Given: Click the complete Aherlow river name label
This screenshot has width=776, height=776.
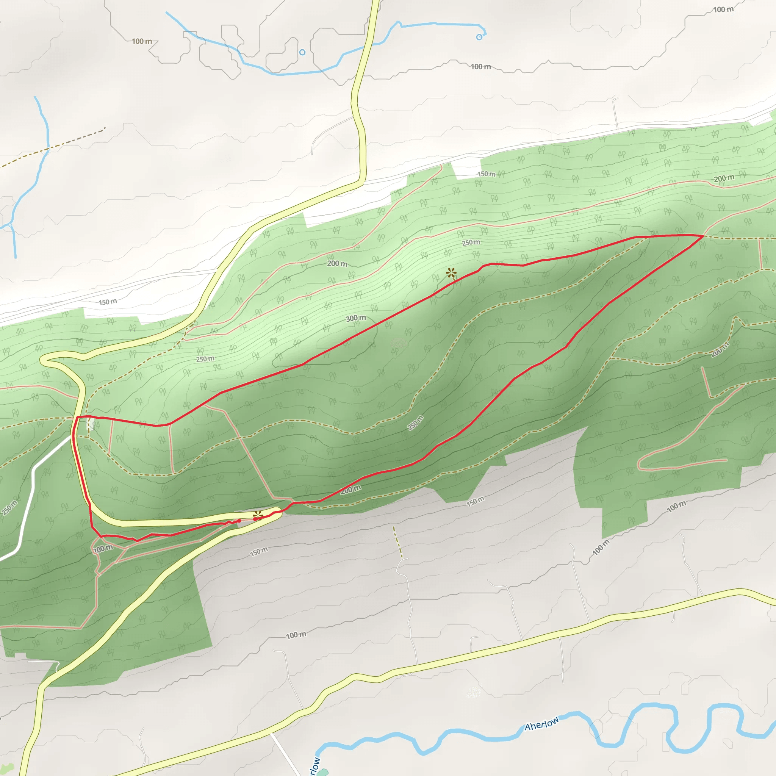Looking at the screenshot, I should (x=541, y=723).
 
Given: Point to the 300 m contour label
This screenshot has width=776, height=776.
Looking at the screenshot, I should (x=356, y=318).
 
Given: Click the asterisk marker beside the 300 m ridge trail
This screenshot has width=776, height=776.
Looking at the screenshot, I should (x=451, y=274).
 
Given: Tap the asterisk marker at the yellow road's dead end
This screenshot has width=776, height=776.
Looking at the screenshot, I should (x=258, y=515).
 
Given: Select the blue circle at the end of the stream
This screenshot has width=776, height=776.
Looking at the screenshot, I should (x=479, y=37).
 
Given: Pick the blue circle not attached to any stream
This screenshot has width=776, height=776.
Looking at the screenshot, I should (x=302, y=52).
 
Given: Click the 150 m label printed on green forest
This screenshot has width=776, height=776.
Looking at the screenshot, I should (x=486, y=174).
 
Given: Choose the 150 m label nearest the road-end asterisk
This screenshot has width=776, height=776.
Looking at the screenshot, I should (x=259, y=552).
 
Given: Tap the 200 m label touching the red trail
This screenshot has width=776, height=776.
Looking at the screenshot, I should (x=351, y=489).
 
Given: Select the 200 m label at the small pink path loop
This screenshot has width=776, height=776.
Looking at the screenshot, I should (x=103, y=548).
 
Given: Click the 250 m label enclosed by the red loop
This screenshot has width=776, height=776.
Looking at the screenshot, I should (x=415, y=423).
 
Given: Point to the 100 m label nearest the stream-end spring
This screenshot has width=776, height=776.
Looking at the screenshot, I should (x=480, y=67).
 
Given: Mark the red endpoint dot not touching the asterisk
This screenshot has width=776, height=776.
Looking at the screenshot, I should (x=239, y=521).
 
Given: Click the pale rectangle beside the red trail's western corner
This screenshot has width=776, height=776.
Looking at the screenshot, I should (x=91, y=424).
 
